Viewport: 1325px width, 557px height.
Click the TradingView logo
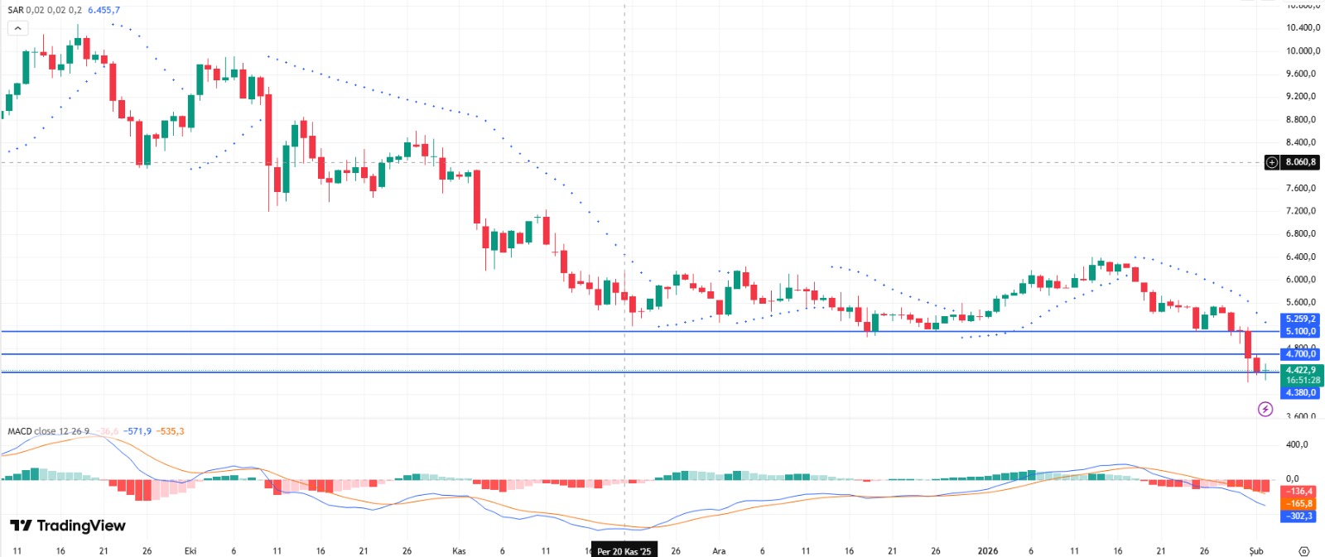coord(68,526)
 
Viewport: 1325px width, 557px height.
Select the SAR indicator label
coord(15,10)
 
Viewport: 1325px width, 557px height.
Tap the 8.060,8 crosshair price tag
coord(1300,162)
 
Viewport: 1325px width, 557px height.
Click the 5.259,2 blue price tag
coord(1300,319)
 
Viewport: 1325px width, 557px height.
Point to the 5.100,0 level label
coord(1300,331)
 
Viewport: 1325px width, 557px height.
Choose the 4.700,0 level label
coord(1300,354)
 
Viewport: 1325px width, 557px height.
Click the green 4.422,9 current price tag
coord(1300,370)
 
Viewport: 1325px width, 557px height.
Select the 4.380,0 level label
coord(1300,393)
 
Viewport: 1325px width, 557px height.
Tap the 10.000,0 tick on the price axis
coord(1302,50)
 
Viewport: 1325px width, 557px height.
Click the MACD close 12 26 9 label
coord(48,431)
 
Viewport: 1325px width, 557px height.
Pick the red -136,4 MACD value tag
coord(1299,492)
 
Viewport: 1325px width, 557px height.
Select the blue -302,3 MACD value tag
coord(1299,516)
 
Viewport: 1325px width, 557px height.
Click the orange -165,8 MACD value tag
coord(1299,503)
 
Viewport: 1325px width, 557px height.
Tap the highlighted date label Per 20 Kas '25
coord(624,551)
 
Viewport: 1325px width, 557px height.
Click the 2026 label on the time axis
coord(988,551)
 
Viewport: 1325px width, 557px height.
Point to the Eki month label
coord(190,551)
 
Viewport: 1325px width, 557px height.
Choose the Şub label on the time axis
coord(1256,551)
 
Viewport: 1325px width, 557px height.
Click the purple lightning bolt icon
coord(1265,409)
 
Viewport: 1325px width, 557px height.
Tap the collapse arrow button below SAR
coord(17,28)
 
